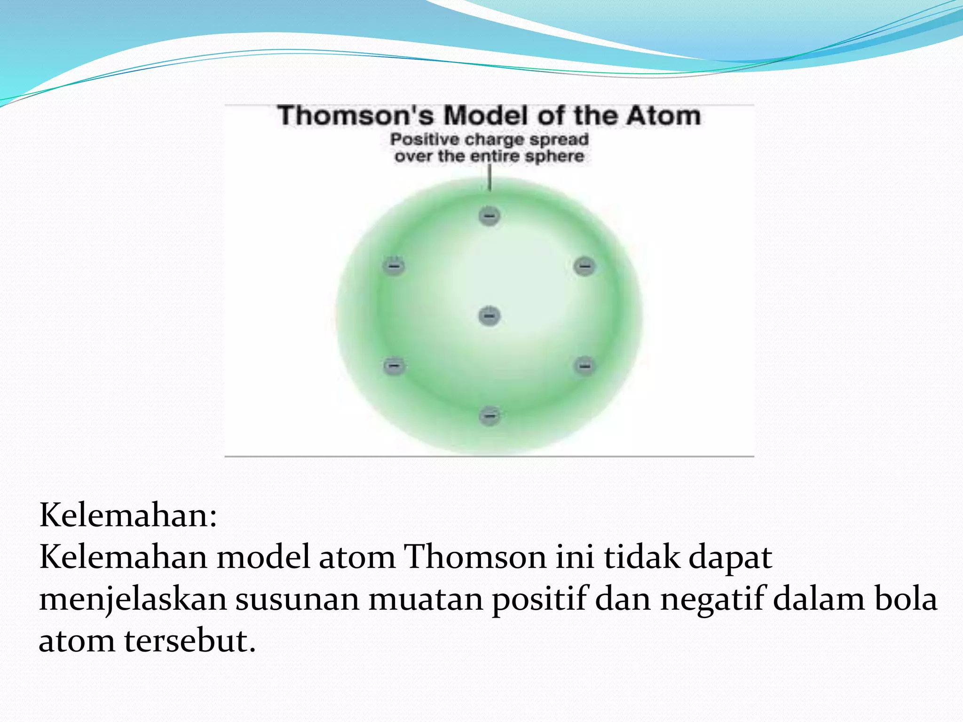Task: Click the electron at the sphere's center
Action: (489, 315)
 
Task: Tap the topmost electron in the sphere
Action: (489, 216)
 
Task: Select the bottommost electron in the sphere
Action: (489, 416)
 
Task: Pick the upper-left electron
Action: (394, 266)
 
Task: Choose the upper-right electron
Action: (584, 266)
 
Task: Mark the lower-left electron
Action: (394, 365)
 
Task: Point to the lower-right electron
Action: (584, 365)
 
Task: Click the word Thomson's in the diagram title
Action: (355, 116)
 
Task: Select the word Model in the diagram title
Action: (487, 116)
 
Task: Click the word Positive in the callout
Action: (424, 140)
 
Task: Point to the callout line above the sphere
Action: (489, 178)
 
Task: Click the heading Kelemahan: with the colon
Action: (128, 515)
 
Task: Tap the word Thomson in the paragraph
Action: (475, 557)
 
